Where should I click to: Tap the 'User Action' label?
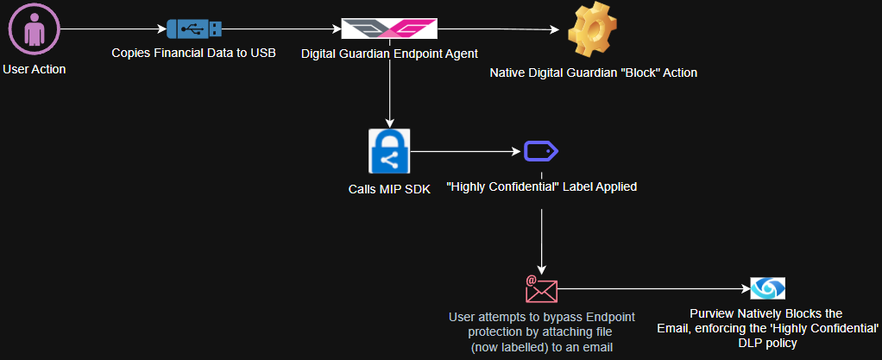point(35,69)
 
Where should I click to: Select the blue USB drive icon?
point(194,28)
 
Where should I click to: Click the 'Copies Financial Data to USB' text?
point(193,54)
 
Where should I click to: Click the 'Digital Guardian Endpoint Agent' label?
point(390,54)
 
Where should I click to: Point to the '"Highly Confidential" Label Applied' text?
point(541,186)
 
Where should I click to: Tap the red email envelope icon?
point(541,288)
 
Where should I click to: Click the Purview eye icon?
point(767,288)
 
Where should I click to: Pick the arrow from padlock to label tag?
point(466,153)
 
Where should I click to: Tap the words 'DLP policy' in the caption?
point(766,343)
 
